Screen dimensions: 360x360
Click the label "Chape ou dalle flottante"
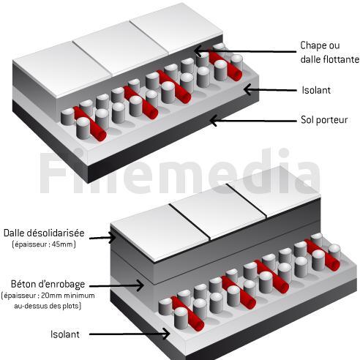coord(329,52)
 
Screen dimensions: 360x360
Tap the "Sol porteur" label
coord(324,120)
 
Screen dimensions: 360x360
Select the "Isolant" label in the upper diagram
coord(316,90)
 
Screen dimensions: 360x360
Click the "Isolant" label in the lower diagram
coord(65,334)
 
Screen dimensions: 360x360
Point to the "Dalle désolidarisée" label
coord(44,233)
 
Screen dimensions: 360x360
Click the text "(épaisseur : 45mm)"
coord(44,244)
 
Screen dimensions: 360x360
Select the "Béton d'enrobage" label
coord(48,284)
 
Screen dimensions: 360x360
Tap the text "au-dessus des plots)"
coord(48,306)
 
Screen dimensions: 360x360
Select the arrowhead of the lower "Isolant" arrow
coord(168,334)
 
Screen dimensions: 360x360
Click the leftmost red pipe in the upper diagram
coord(90,124)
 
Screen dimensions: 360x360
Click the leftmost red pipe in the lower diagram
coord(187,314)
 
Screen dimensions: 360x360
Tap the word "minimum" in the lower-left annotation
coord(81,296)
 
